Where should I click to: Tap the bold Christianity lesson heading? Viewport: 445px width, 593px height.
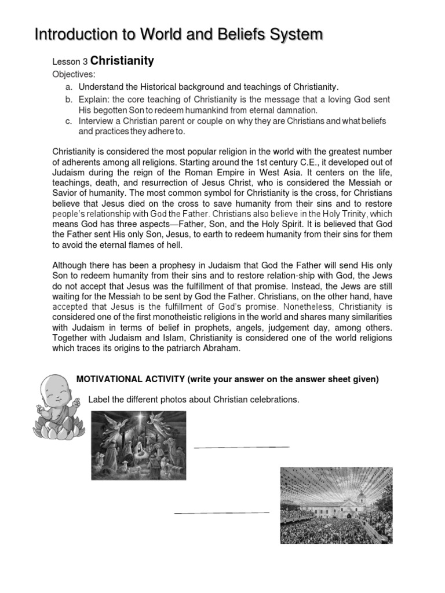pos(122,61)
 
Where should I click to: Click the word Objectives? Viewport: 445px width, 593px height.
pos(74,74)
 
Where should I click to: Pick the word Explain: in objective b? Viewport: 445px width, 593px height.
pos(97,100)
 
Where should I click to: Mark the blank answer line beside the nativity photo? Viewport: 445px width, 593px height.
pos(241,447)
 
